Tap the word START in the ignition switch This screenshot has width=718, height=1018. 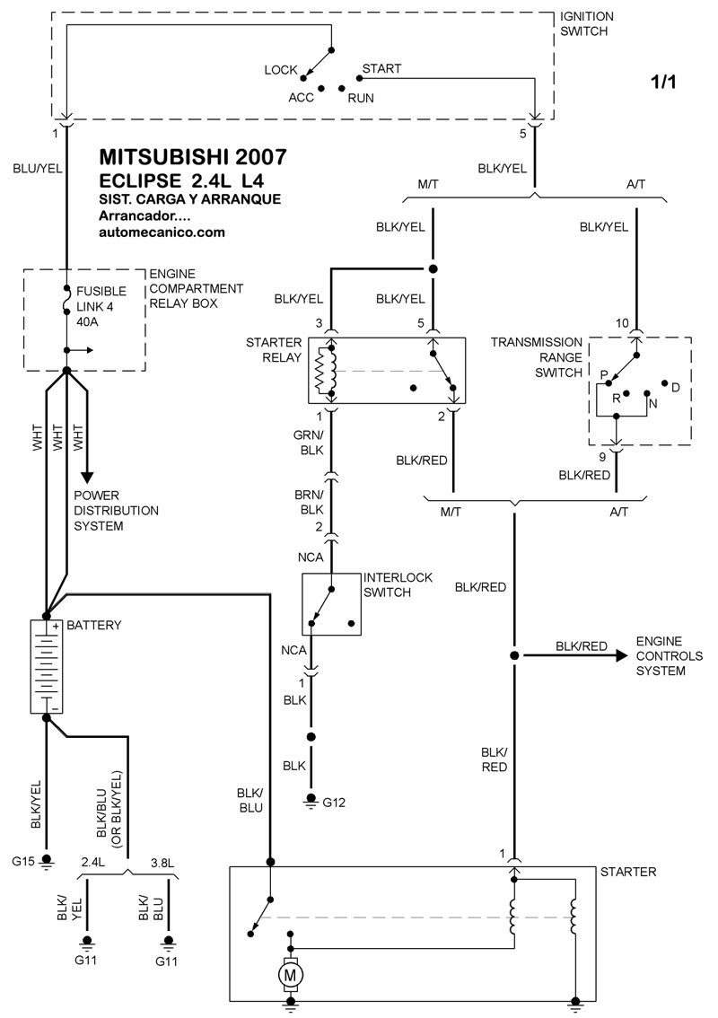click(381, 68)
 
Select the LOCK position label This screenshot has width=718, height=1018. click(281, 69)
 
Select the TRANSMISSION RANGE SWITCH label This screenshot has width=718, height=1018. click(536, 357)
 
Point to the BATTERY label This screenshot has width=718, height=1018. click(97, 625)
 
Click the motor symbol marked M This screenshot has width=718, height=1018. click(290, 971)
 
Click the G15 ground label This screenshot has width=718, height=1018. click(23, 863)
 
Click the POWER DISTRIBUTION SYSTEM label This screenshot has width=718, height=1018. click(116, 511)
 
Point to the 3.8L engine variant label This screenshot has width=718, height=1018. click(162, 863)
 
